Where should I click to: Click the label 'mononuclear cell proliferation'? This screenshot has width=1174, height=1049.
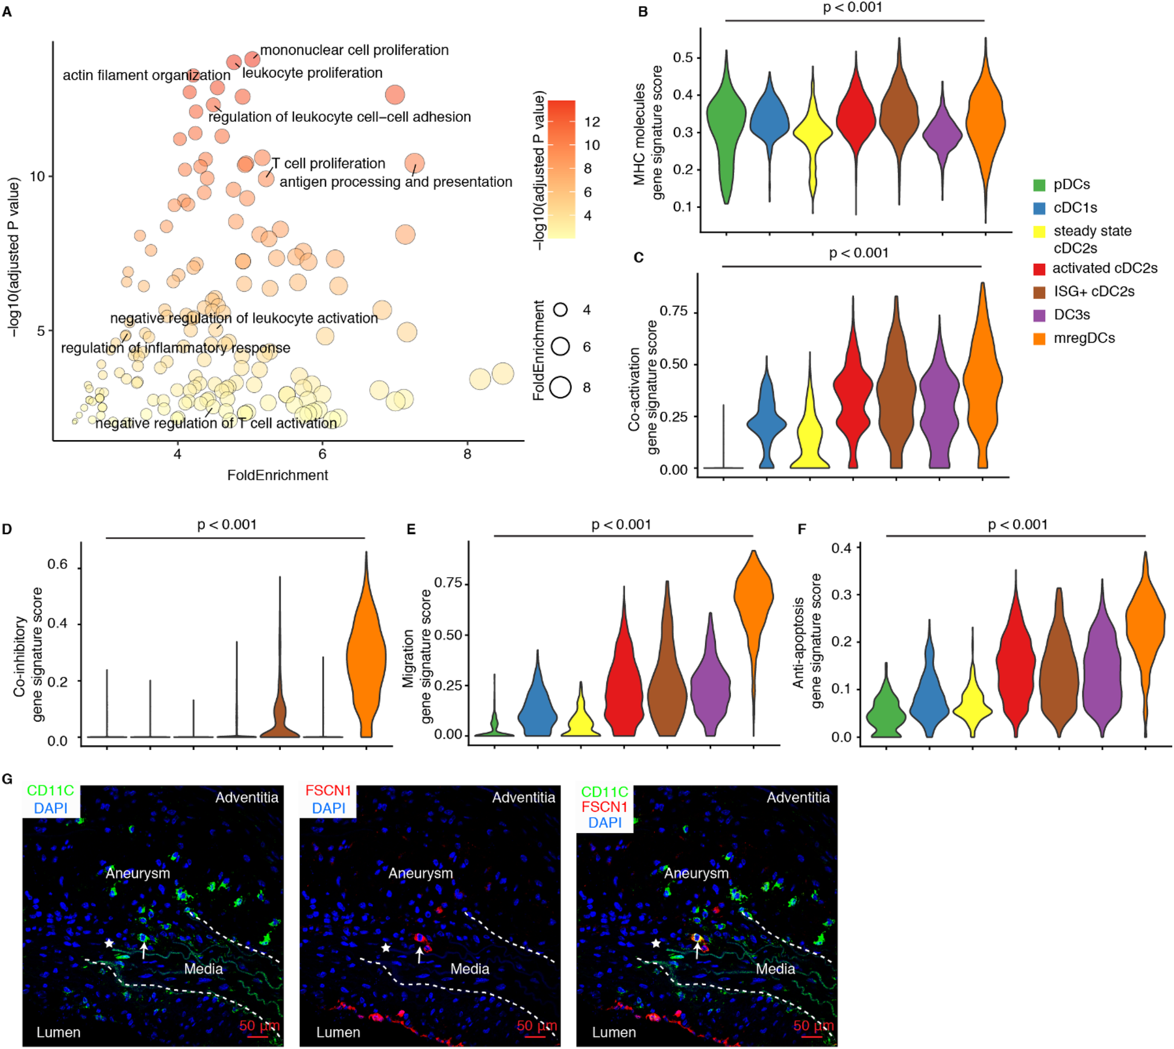(354, 50)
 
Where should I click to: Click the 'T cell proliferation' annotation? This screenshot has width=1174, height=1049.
(328, 163)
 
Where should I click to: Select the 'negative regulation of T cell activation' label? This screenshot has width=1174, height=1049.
(216, 423)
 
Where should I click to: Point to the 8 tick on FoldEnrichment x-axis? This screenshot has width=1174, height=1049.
(467, 454)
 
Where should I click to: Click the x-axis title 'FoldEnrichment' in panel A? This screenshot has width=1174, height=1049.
(277, 475)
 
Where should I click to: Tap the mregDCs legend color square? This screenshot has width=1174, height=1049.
(1039, 338)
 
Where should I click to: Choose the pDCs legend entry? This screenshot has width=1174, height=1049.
(1071, 184)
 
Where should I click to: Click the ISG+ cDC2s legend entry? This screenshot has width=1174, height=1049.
(1093, 291)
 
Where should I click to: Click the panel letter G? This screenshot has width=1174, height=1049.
(7, 779)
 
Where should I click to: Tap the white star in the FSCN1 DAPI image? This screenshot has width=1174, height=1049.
(386, 948)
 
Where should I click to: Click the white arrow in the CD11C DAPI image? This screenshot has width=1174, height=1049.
(143, 951)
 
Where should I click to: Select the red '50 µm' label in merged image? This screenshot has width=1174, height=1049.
(813, 1025)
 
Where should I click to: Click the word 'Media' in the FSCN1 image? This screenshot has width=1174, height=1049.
(469, 969)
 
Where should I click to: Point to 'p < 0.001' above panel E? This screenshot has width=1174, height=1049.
(621, 524)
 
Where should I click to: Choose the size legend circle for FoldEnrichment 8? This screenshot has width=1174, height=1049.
(560, 387)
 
